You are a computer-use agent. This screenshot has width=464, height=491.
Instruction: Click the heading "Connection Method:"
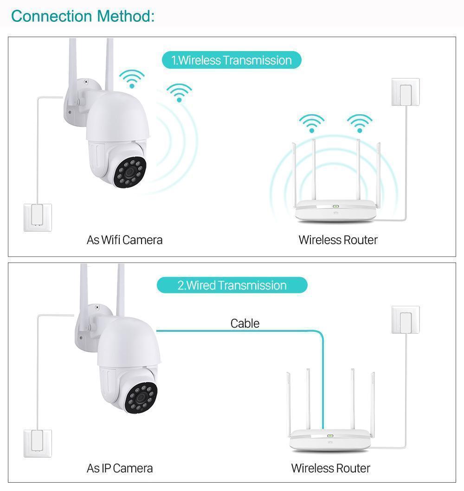(83, 16)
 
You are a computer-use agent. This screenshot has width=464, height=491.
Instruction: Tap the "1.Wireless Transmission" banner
(232, 60)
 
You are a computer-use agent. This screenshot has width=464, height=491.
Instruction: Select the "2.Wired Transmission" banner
(232, 285)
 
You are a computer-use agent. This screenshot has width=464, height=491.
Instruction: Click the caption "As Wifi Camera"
(124, 240)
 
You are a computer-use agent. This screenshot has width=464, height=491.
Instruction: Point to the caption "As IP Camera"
(120, 468)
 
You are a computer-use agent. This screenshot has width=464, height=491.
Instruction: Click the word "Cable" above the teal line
(245, 323)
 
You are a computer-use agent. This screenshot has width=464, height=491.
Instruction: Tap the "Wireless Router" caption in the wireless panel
(338, 240)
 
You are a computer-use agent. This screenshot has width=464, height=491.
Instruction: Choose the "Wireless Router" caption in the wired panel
(330, 468)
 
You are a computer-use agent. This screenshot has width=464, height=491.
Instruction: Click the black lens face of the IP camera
(141, 397)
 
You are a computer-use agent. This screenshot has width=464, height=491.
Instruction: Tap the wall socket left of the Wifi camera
(38, 217)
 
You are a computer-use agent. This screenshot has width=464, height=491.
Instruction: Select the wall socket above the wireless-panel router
(406, 92)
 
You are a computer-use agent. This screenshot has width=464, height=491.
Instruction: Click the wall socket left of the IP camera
(38, 443)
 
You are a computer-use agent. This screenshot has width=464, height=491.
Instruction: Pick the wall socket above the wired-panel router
(406, 319)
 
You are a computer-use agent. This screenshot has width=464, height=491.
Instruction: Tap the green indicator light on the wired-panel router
(330, 436)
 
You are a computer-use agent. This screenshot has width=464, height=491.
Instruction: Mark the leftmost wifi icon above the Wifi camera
(132, 79)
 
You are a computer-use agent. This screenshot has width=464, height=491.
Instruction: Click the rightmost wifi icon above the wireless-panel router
(360, 123)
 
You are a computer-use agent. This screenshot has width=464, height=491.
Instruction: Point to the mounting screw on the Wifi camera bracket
(85, 82)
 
